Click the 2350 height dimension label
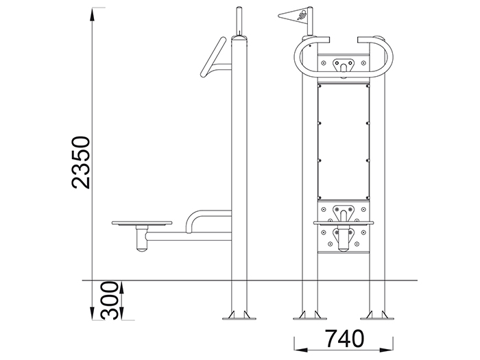[81, 163]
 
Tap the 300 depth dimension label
[109, 300]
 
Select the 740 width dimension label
[344, 339]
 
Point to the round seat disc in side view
[142, 223]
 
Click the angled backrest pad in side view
[213, 57]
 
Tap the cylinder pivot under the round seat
[141, 239]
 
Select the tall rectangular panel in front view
[344, 142]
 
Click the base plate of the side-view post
[239, 318]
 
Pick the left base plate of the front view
[309, 318]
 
